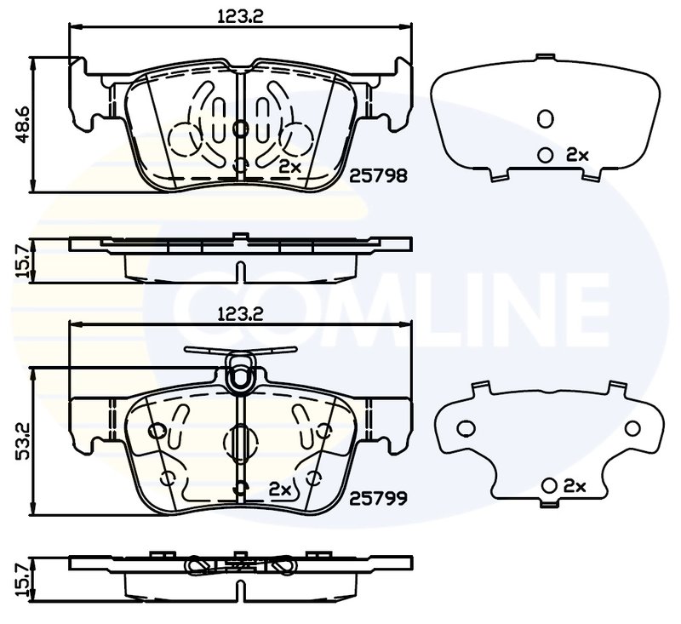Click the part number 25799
379,494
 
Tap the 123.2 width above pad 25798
240,14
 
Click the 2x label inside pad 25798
290,167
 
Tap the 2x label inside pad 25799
280,489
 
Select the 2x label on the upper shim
577,154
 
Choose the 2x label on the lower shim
575,486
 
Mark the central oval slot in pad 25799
241,441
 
